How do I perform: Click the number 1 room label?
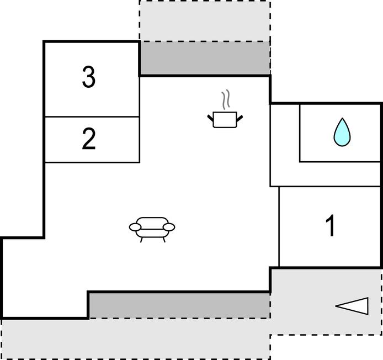click(x=331, y=226)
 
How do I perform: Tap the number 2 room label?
click(x=88, y=139)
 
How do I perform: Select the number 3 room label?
click(x=88, y=78)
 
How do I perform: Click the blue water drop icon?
click(x=342, y=133)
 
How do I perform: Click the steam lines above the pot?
click(x=225, y=100)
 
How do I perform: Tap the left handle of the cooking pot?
click(x=211, y=117)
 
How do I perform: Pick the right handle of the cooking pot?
click(x=240, y=117)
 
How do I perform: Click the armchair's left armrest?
click(x=135, y=226)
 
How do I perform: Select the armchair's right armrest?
click(x=169, y=226)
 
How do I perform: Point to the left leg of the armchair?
click(x=142, y=239)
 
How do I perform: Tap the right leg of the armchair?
click(x=163, y=239)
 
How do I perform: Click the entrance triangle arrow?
click(x=353, y=306)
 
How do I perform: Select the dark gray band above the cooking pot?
click(x=204, y=58)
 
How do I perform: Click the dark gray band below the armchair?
click(x=179, y=305)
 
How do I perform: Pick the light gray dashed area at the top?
click(x=204, y=21)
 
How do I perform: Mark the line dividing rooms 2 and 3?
click(x=92, y=117)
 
